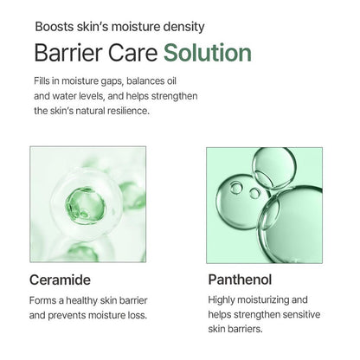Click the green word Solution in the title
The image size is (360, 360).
[x=209, y=53]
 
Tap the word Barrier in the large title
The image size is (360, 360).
[x=66, y=53]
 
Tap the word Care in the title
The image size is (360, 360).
[x=132, y=53]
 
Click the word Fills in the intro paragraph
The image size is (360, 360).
[x=43, y=80]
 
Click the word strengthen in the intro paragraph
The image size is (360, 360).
[x=195, y=95]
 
